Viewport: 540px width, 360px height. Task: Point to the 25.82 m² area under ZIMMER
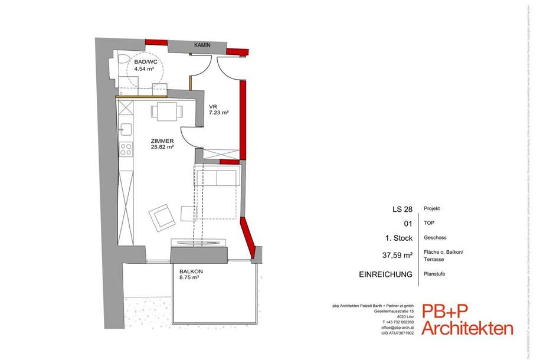coord(161,148)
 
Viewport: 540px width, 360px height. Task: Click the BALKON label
coord(192,271)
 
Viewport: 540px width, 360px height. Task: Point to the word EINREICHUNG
coord(386,274)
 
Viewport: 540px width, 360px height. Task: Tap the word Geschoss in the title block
coord(436,238)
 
